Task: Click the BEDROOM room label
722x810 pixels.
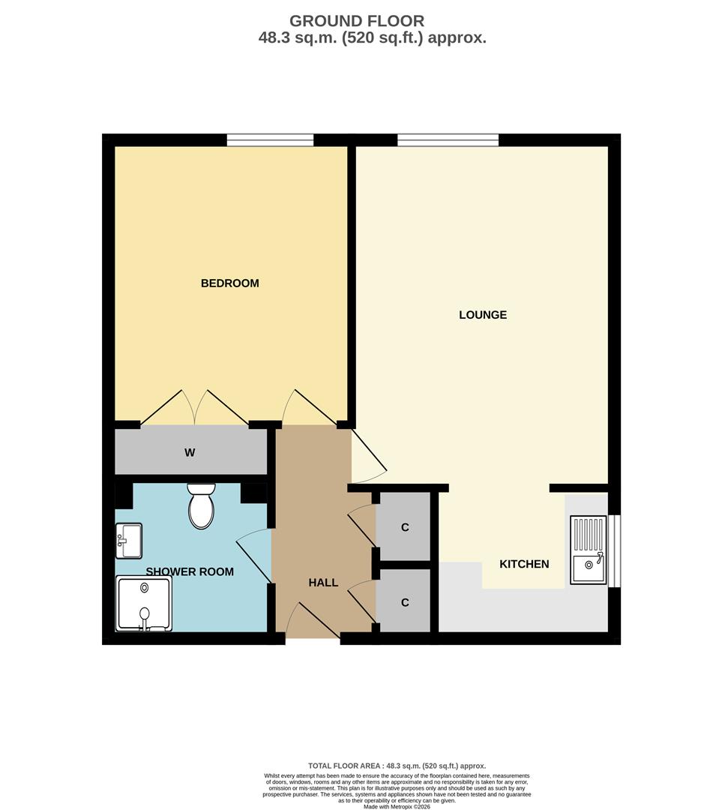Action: [229, 283]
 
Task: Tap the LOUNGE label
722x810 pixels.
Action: [483, 315]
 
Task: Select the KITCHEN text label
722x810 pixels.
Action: [524, 564]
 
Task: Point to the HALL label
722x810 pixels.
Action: [323, 583]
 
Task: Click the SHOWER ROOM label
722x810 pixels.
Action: [190, 572]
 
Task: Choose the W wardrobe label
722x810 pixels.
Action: [190, 453]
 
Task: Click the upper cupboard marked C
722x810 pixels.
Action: [405, 527]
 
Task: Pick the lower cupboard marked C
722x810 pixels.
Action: [405, 602]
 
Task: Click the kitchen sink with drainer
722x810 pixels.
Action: [589, 550]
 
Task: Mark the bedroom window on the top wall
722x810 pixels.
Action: [270, 140]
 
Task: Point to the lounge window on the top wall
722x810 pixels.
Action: [448, 140]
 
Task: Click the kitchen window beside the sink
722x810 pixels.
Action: [614, 550]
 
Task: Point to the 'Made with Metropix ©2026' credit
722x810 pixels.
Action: [398, 806]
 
